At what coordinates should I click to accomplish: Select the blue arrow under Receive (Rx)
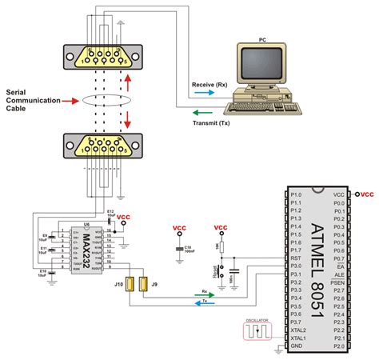203,93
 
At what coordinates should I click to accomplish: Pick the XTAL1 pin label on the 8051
297,338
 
